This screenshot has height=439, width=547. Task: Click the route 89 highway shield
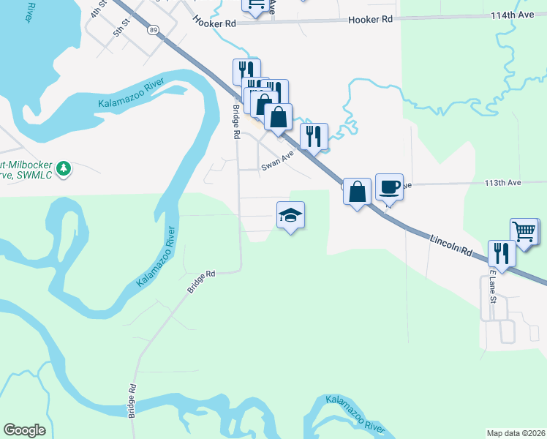[152, 29]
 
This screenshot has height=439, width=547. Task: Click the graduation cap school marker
[290, 215]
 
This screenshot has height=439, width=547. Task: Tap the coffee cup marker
[389, 187]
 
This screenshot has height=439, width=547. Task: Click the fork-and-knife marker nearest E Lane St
[502, 253]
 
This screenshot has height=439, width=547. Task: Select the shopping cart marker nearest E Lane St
[524, 231]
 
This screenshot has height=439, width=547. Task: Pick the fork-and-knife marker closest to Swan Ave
[314, 136]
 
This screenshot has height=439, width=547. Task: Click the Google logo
[24, 430]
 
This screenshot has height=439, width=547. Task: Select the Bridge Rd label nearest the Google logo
[132, 401]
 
